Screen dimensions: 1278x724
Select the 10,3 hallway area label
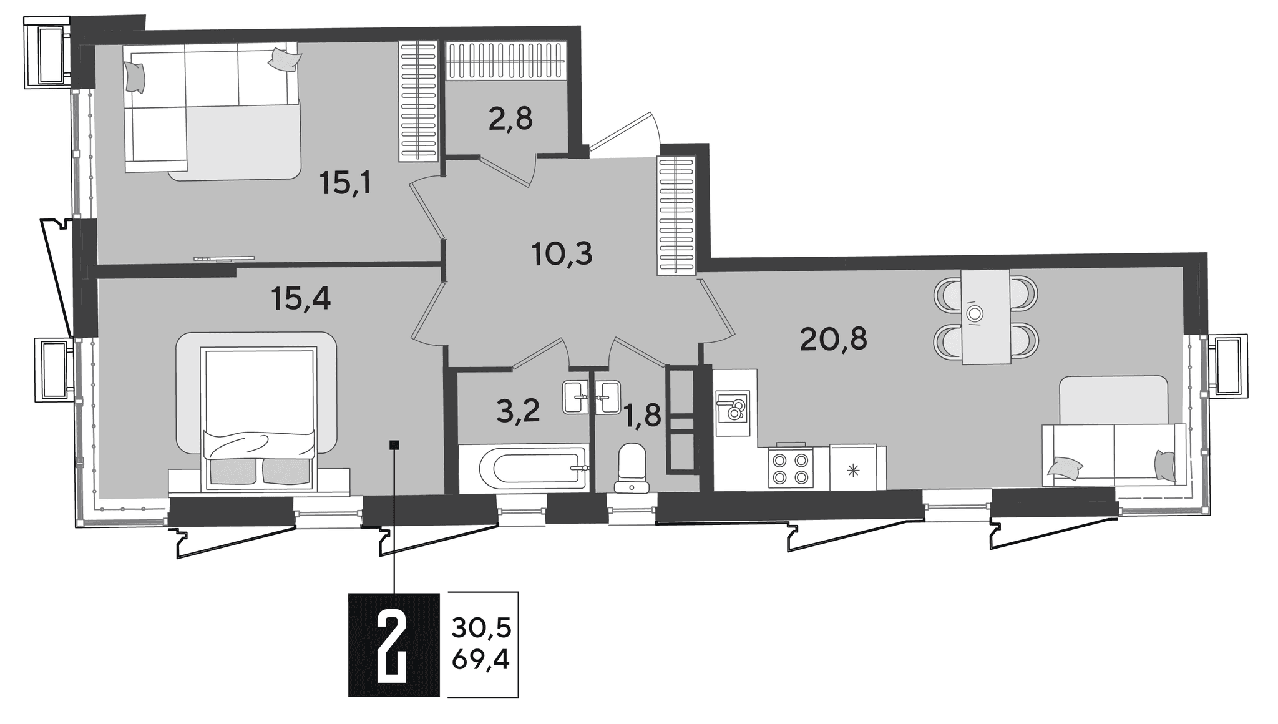point(562,254)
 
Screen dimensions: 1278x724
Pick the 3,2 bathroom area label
point(518,411)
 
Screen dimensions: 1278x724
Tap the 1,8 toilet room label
point(642,414)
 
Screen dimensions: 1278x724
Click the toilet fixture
point(631,467)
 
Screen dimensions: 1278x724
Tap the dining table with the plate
point(986,316)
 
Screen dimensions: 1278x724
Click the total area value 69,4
point(481,659)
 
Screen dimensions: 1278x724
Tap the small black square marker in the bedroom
point(394,445)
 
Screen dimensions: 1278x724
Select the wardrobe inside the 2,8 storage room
point(506,61)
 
